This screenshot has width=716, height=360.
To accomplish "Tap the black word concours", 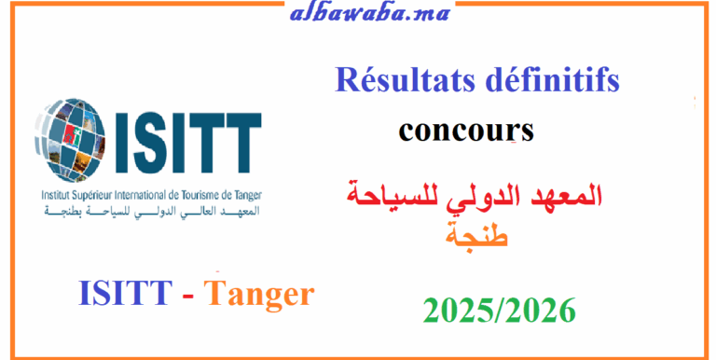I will pos(465,131).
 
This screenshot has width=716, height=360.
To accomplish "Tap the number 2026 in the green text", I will pos(538,308).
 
